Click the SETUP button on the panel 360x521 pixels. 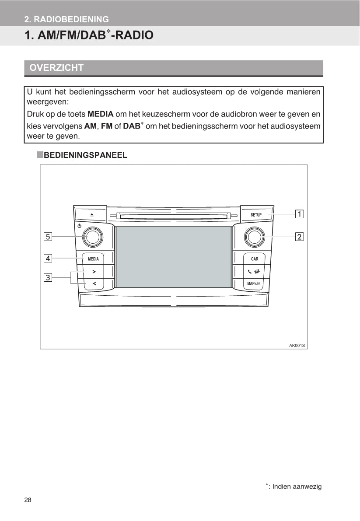[256, 215]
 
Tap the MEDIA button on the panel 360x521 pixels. [93, 259]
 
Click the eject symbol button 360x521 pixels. [92, 215]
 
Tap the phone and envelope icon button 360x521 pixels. [254, 272]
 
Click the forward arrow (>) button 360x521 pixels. [94, 272]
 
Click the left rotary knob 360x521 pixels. [92, 237]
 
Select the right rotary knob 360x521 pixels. [254, 237]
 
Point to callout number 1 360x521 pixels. [299, 214]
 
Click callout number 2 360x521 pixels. [299, 237]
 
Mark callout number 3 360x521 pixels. [48, 277]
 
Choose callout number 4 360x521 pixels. [48, 259]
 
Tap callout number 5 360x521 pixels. [48, 237]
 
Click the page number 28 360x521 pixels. [28, 500]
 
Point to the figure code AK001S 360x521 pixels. [297, 345]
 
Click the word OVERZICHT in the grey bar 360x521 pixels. [56, 68]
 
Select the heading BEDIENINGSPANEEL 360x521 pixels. [86, 155]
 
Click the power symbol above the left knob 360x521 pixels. [80, 226]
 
